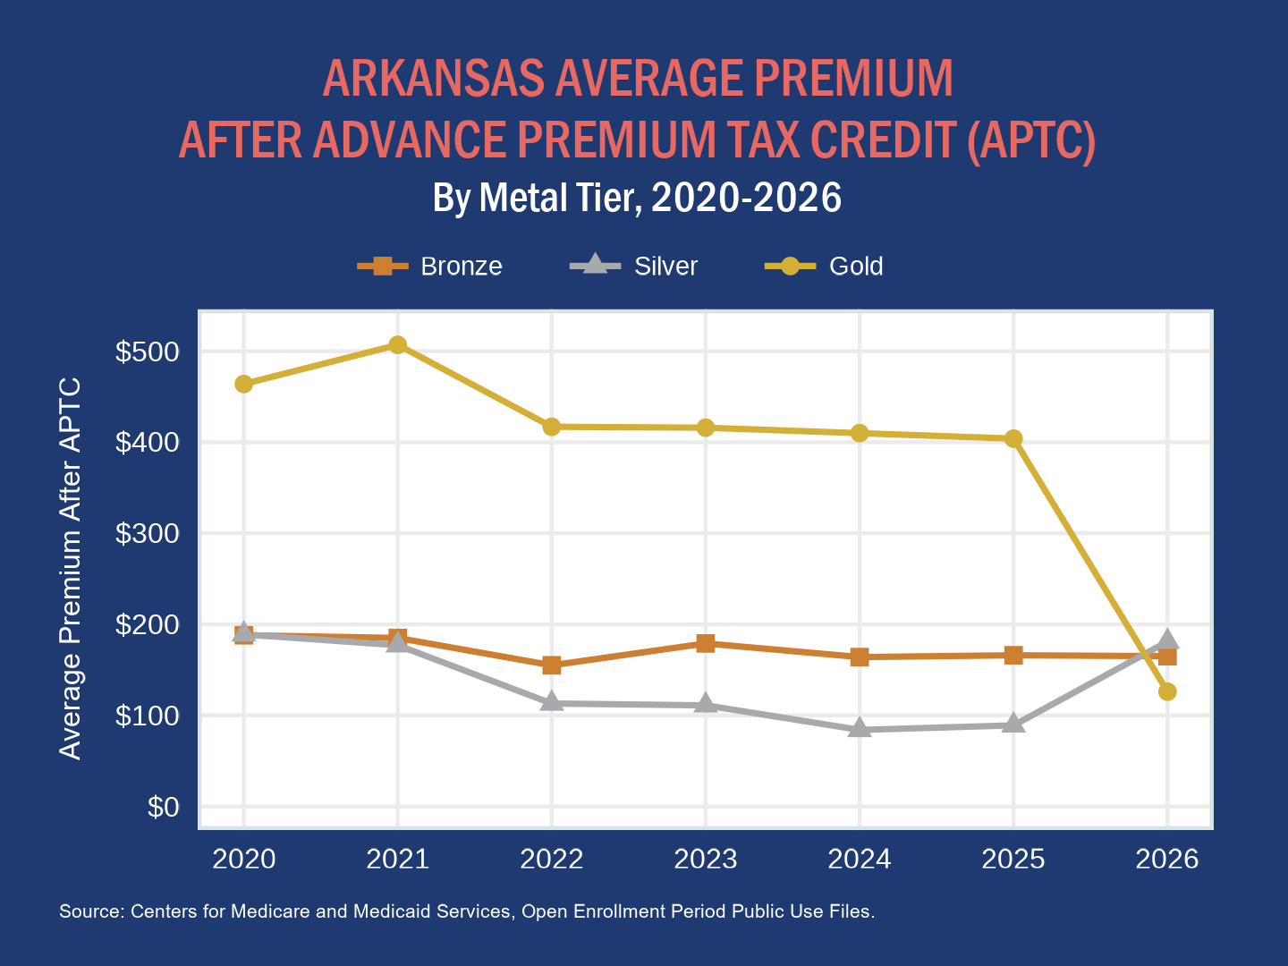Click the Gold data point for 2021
pyautogui.click(x=398, y=345)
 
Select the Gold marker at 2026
pyautogui.click(x=1167, y=691)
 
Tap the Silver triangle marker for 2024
pyautogui.click(x=860, y=728)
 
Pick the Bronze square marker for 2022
pyautogui.click(x=552, y=665)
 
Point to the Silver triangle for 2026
pyautogui.click(x=1167, y=640)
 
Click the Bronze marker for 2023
pyautogui.click(x=706, y=643)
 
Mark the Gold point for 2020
pyautogui.click(x=243, y=385)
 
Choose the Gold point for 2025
pyautogui.click(x=1013, y=438)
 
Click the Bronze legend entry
pyautogui.click(x=431, y=267)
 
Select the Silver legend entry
pyautogui.click(x=635, y=267)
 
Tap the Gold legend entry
pyautogui.click(x=825, y=267)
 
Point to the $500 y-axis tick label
pyautogui.click(x=148, y=352)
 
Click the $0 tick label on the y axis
pyautogui.click(x=163, y=808)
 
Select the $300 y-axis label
pyautogui.click(x=148, y=534)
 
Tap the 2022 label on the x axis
pyautogui.click(x=552, y=860)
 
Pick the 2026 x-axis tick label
pyautogui.click(x=1167, y=860)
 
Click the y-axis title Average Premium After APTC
pyautogui.click(x=70, y=569)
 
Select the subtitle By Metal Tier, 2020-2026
pyautogui.click(x=637, y=198)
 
